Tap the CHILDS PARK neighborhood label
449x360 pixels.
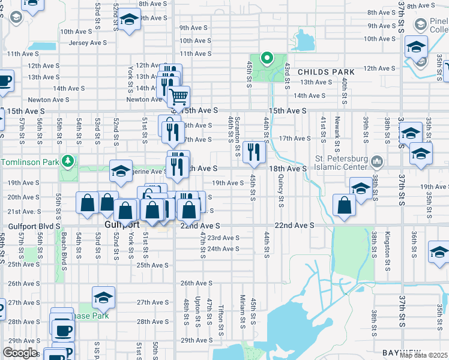325,72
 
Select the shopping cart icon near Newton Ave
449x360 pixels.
178,97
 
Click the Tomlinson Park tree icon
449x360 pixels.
69,161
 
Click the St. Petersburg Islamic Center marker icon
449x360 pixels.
376,161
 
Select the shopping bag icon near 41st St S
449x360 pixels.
345,205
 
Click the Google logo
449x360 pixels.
20,353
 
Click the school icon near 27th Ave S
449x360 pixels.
104,297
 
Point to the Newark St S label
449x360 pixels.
338,130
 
